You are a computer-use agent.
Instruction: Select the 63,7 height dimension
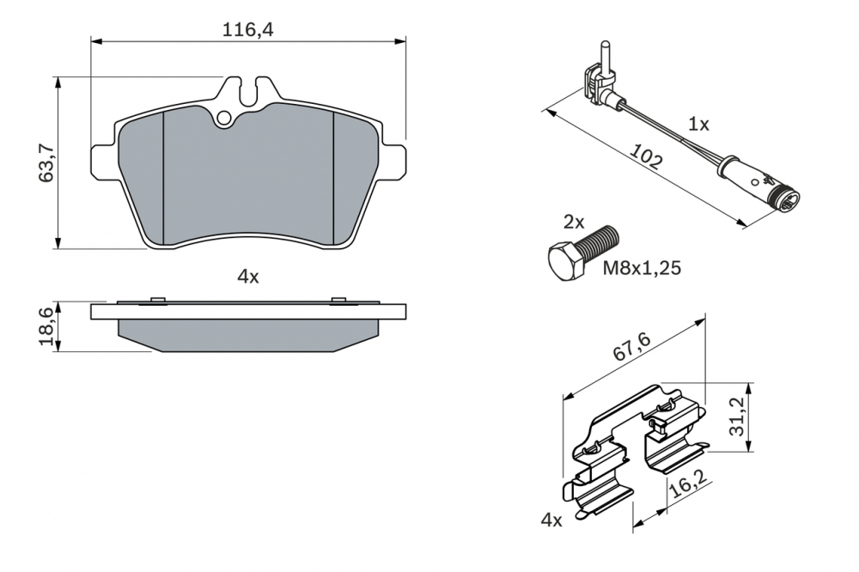(47, 162)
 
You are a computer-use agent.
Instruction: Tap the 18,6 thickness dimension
(47, 326)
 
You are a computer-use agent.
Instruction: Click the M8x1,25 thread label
(641, 268)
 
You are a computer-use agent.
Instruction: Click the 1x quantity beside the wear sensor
(698, 124)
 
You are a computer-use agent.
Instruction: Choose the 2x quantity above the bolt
(573, 222)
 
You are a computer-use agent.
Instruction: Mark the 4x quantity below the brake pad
(247, 277)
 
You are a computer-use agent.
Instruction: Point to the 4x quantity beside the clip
(551, 520)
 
